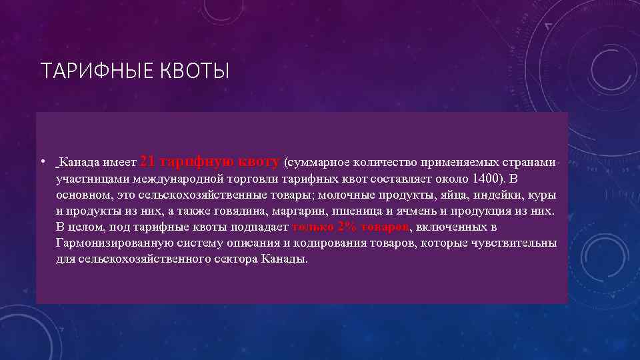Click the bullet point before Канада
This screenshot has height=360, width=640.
(x=42, y=162)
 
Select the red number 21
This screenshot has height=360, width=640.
(x=150, y=161)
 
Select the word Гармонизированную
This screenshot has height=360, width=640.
(x=111, y=243)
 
